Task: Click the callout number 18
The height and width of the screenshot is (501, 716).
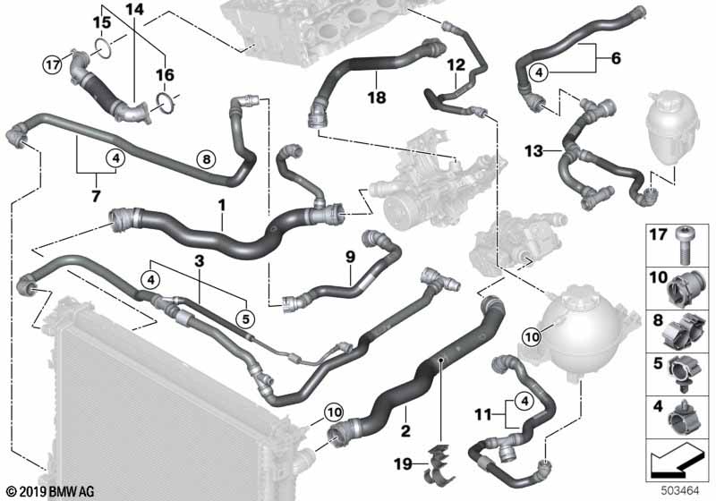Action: (377, 98)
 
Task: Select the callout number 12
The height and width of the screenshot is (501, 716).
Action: (456, 64)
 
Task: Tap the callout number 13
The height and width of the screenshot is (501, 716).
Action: (533, 150)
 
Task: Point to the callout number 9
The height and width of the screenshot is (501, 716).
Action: (350, 257)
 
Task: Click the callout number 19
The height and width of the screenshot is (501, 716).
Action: (403, 464)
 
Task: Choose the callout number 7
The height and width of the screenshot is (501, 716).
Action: (96, 196)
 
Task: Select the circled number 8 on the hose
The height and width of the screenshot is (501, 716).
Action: (207, 159)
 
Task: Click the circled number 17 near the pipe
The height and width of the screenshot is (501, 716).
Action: (53, 64)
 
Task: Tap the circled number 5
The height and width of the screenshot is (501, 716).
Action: (245, 319)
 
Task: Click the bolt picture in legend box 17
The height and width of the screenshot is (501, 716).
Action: (683, 246)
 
